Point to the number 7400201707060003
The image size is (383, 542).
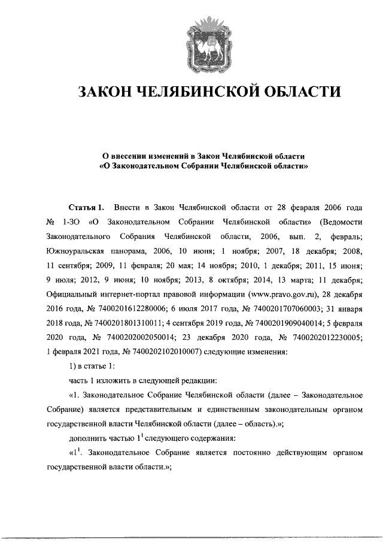pyautogui.click(x=281, y=308)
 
